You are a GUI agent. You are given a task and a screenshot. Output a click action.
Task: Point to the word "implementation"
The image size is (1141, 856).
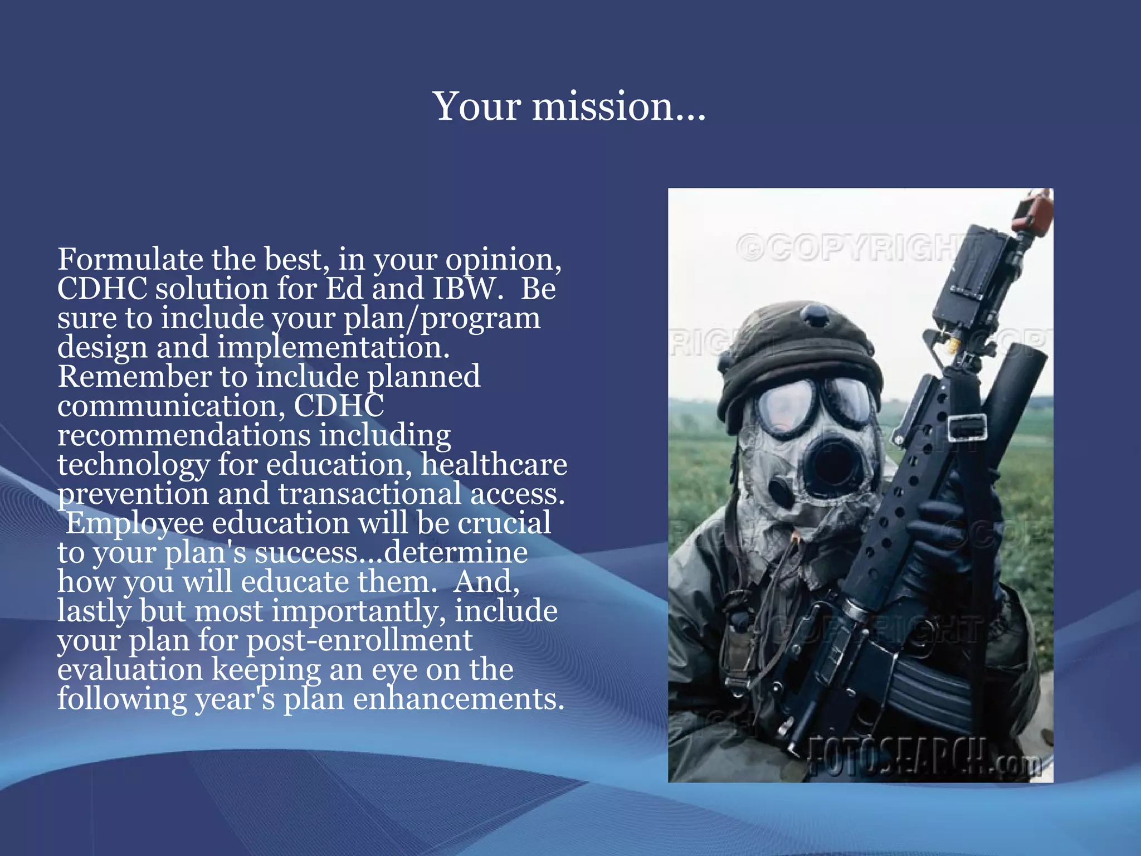click(333, 348)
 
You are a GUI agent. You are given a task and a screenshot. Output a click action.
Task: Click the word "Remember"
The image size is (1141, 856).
click(134, 377)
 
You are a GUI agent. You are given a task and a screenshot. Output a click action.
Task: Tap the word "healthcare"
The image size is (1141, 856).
click(494, 464)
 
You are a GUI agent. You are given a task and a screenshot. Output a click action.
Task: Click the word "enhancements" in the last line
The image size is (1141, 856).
click(458, 699)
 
